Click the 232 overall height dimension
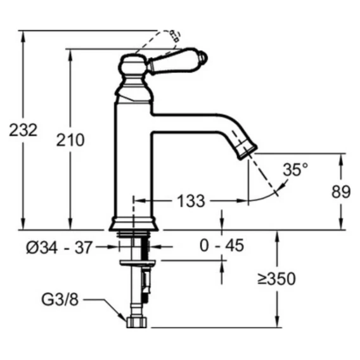(23, 130)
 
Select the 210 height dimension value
(70, 140)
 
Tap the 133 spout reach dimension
(191, 201)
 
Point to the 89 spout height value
(341, 191)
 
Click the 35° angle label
(295, 169)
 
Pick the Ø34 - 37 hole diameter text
(59, 247)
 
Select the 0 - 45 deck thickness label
(222, 245)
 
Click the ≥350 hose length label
(276, 279)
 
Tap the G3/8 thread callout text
(60, 299)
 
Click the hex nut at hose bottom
(137, 322)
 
